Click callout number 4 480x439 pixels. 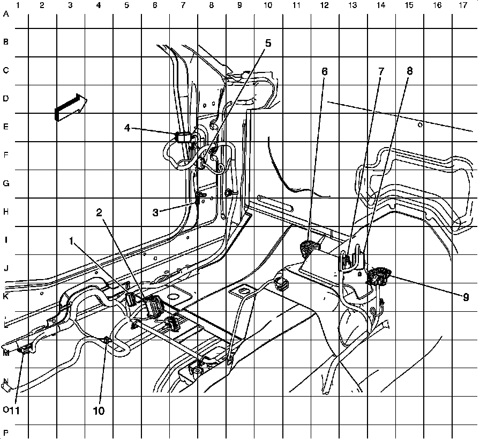[x=127, y=128]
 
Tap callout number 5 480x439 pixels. [x=268, y=43]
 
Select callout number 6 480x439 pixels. [x=324, y=71]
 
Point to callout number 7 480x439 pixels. [x=381, y=71]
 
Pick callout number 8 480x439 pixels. [x=410, y=70]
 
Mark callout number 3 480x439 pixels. [x=155, y=212]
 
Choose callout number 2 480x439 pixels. [x=99, y=212]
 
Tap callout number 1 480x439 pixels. [x=71, y=241]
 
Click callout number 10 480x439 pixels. [x=99, y=411]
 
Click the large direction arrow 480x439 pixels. [x=70, y=107]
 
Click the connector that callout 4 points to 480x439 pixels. [x=184, y=136]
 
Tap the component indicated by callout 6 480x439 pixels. [x=309, y=247]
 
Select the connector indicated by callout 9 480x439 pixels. [x=378, y=275]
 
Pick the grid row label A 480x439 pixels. [x=6, y=14]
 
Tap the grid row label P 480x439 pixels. [x=6, y=433]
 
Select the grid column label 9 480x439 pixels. [x=239, y=6]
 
